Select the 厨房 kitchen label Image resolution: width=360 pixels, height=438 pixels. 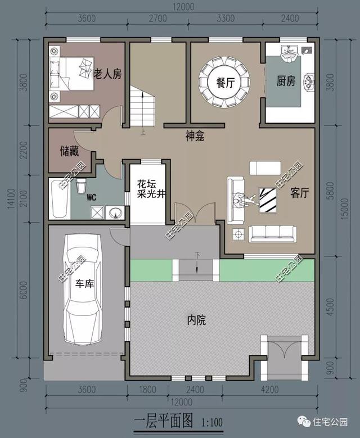click(x=286, y=82)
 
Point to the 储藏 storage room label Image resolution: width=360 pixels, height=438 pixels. click(x=69, y=151)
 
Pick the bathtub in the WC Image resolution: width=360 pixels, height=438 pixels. click(x=58, y=198)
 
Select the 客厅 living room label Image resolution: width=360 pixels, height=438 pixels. click(x=300, y=193)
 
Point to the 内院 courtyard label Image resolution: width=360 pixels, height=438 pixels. click(x=196, y=320)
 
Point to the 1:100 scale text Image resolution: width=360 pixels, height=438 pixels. click(x=211, y=421)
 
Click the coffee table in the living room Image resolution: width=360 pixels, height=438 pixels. click(x=267, y=200)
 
